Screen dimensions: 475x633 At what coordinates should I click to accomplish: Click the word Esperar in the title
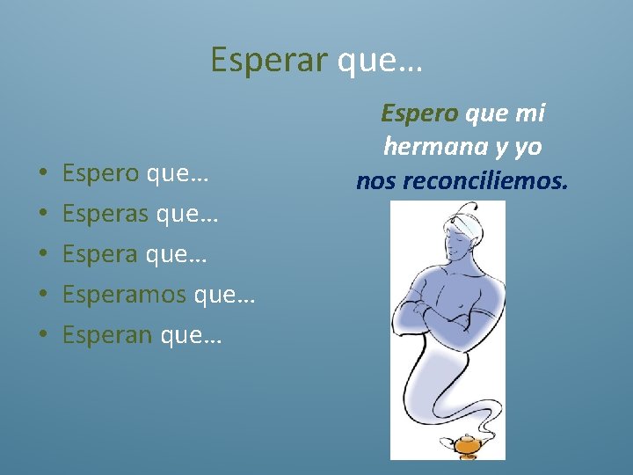pos(268,60)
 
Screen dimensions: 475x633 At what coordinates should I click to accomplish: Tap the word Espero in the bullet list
pos(100,173)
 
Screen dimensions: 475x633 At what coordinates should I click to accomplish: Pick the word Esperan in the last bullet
pos(105,335)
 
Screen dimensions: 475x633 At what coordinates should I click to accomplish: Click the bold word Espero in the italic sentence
pos(419,113)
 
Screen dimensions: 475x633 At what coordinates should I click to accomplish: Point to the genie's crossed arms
pos(448,309)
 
